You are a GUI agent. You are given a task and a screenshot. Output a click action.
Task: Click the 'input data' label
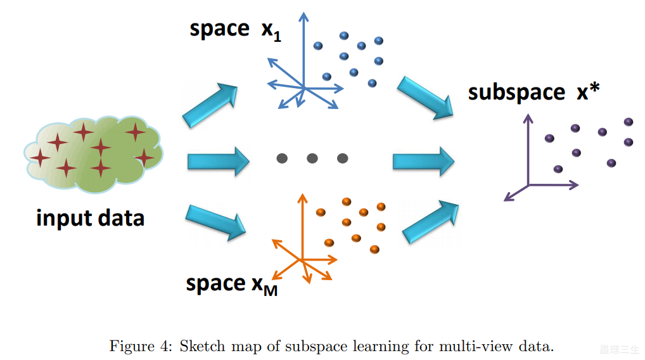pos(91,218)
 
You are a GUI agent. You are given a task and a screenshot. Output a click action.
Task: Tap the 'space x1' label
pos(235,30)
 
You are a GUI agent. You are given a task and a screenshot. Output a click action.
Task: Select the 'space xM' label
pos(231,285)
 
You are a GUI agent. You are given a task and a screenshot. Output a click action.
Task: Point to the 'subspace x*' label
pos(534,93)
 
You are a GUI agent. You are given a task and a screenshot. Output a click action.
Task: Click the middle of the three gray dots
pos(312,158)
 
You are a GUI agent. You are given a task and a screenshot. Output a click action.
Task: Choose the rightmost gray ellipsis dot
pos(342,158)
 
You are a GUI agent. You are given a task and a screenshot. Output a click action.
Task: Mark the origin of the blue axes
pos(303,87)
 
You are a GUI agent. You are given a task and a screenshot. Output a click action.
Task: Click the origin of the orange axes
pos(302,260)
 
